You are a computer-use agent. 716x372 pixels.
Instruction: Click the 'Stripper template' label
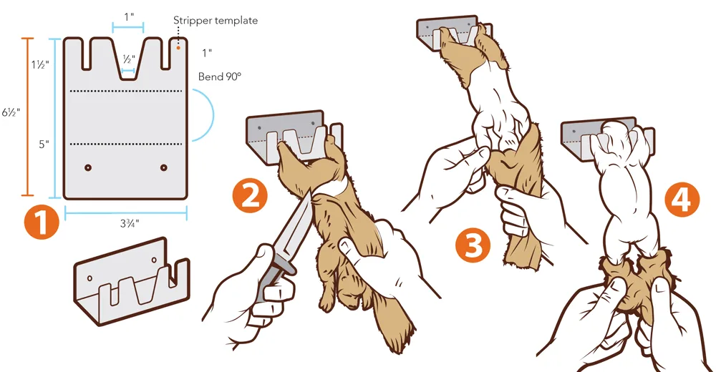[215, 21]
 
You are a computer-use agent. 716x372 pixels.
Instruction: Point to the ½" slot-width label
[130, 59]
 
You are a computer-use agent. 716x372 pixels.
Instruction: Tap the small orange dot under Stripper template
[178, 48]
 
